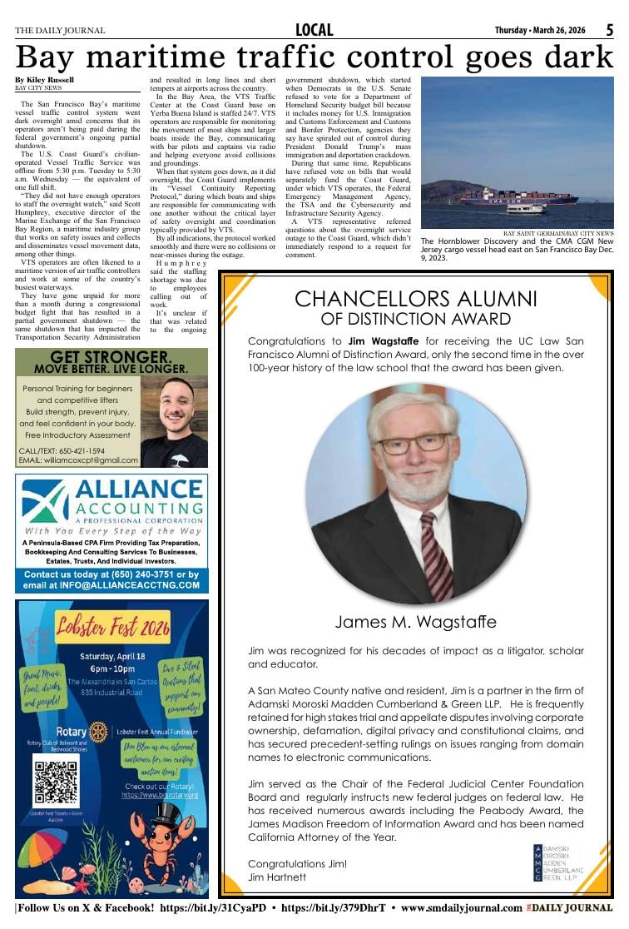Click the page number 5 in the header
pos(609,30)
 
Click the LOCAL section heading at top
pos(314,30)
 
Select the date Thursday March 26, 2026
pos(540,30)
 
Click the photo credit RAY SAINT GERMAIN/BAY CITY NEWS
pos(558,233)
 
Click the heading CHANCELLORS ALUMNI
pos(416,299)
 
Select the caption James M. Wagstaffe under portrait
pos(415,622)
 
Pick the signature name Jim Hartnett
pos(277,877)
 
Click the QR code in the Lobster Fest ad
pos(56,780)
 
